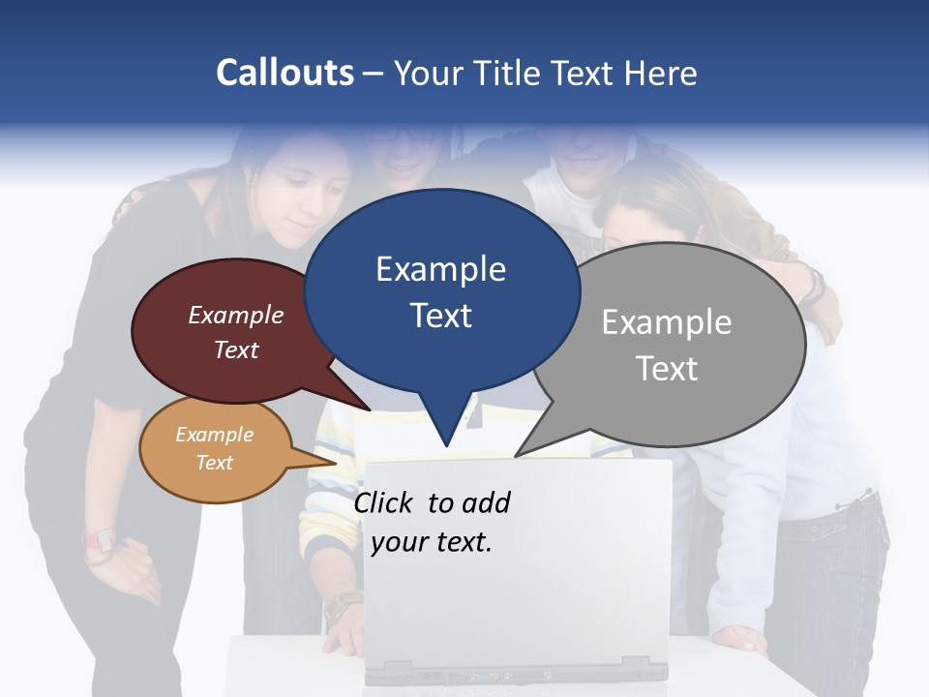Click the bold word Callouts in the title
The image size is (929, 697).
point(285,73)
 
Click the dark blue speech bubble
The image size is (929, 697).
point(441,290)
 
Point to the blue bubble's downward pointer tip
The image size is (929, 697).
point(446,446)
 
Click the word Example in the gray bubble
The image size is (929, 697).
point(667,322)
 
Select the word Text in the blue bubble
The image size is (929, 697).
point(441,316)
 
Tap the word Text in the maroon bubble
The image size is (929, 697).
point(236,349)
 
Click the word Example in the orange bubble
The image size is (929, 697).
point(215,435)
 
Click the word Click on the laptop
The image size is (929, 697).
point(385,502)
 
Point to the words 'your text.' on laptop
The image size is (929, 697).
point(432,542)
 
